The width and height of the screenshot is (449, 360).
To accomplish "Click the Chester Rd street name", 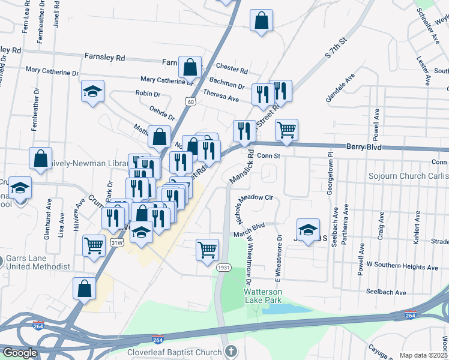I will click(x=228, y=68).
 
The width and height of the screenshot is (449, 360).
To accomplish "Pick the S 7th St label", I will click(x=336, y=49).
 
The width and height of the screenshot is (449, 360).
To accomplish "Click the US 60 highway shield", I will click(x=190, y=102).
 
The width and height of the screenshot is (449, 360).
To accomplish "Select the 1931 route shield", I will click(x=224, y=267).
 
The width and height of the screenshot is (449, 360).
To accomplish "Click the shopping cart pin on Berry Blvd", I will click(x=287, y=130).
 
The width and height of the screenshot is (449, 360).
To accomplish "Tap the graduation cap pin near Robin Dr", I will click(x=93, y=91).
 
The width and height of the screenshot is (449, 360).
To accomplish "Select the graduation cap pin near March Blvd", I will click(x=308, y=229).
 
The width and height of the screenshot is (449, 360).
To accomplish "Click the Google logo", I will click(x=20, y=353).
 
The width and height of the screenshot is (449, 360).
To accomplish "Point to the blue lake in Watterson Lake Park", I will click(x=282, y=309).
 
